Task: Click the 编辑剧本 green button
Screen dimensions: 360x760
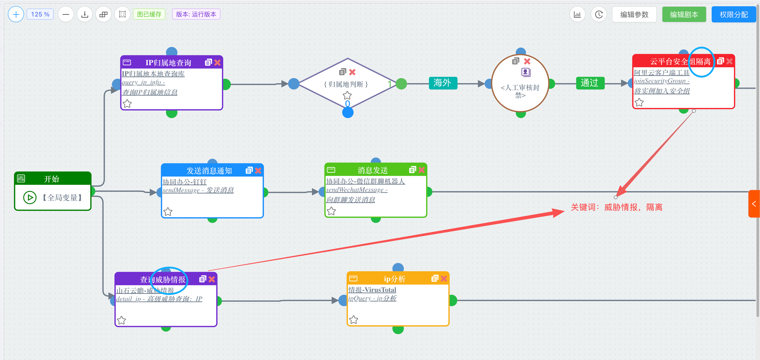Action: pyautogui.click(x=684, y=15)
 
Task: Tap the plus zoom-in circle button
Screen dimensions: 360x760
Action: pyautogui.click(x=16, y=14)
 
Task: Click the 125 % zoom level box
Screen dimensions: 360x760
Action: pyautogui.click(x=40, y=14)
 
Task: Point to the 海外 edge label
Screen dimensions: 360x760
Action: pyautogui.click(x=442, y=83)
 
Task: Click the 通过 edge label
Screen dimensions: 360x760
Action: pyautogui.click(x=590, y=83)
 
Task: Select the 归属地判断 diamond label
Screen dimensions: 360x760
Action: pyautogui.click(x=346, y=84)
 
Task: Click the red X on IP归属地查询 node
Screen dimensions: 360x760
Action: pyautogui.click(x=217, y=63)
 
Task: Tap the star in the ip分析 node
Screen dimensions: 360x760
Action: pyautogui.click(x=353, y=320)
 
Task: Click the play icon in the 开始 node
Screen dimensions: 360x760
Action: pyautogui.click(x=30, y=198)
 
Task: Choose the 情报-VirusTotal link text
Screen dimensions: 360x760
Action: pyautogui.click(x=372, y=290)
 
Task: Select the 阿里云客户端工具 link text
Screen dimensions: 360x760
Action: pyautogui.click(x=661, y=73)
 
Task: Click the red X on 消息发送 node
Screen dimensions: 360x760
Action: pyautogui.click(x=422, y=170)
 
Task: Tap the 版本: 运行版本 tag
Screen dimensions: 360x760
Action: pyautogui.click(x=196, y=14)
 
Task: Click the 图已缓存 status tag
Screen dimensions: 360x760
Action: pyautogui.click(x=149, y=14)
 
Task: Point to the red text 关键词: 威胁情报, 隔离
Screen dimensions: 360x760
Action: pyautogui.click(x=616, y=207)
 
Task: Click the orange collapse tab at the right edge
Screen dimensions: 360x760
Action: pyautogui.click(x=754, y=204)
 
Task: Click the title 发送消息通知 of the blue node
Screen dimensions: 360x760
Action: pyautogui.click(x=209, y=171)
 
